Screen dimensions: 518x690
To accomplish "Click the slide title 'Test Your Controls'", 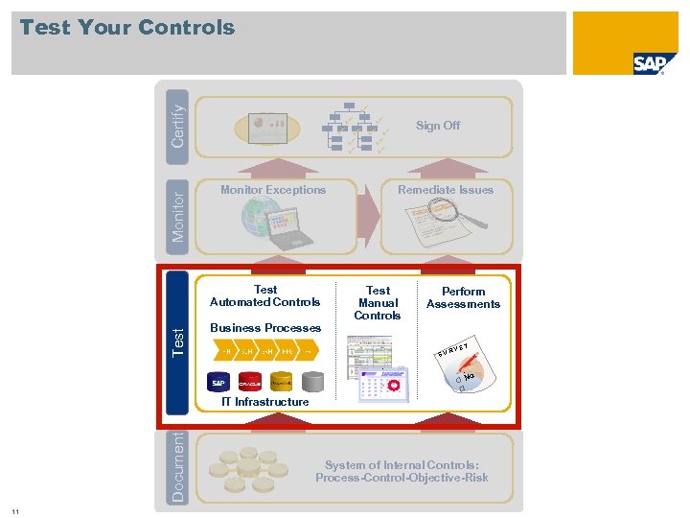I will (x=127, y=28).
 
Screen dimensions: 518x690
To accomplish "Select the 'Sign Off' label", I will (x=437, y=126).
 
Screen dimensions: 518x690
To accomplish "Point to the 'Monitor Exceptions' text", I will (x=273, y=190).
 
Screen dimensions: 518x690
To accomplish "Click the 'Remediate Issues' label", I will (x=446, y=190).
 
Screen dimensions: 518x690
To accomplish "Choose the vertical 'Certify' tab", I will (x=178, y=119).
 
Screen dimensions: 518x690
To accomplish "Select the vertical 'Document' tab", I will (x=178, y=467).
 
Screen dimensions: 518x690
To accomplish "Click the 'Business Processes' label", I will (x=265, y=328).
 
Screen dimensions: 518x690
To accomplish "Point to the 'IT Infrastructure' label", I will (x=265, y=402).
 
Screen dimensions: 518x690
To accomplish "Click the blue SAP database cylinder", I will (x=219, y=381).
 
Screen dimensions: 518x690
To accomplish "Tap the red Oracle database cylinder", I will (x=250, y=381).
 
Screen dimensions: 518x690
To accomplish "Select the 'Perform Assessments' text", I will (x=463, y=297).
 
